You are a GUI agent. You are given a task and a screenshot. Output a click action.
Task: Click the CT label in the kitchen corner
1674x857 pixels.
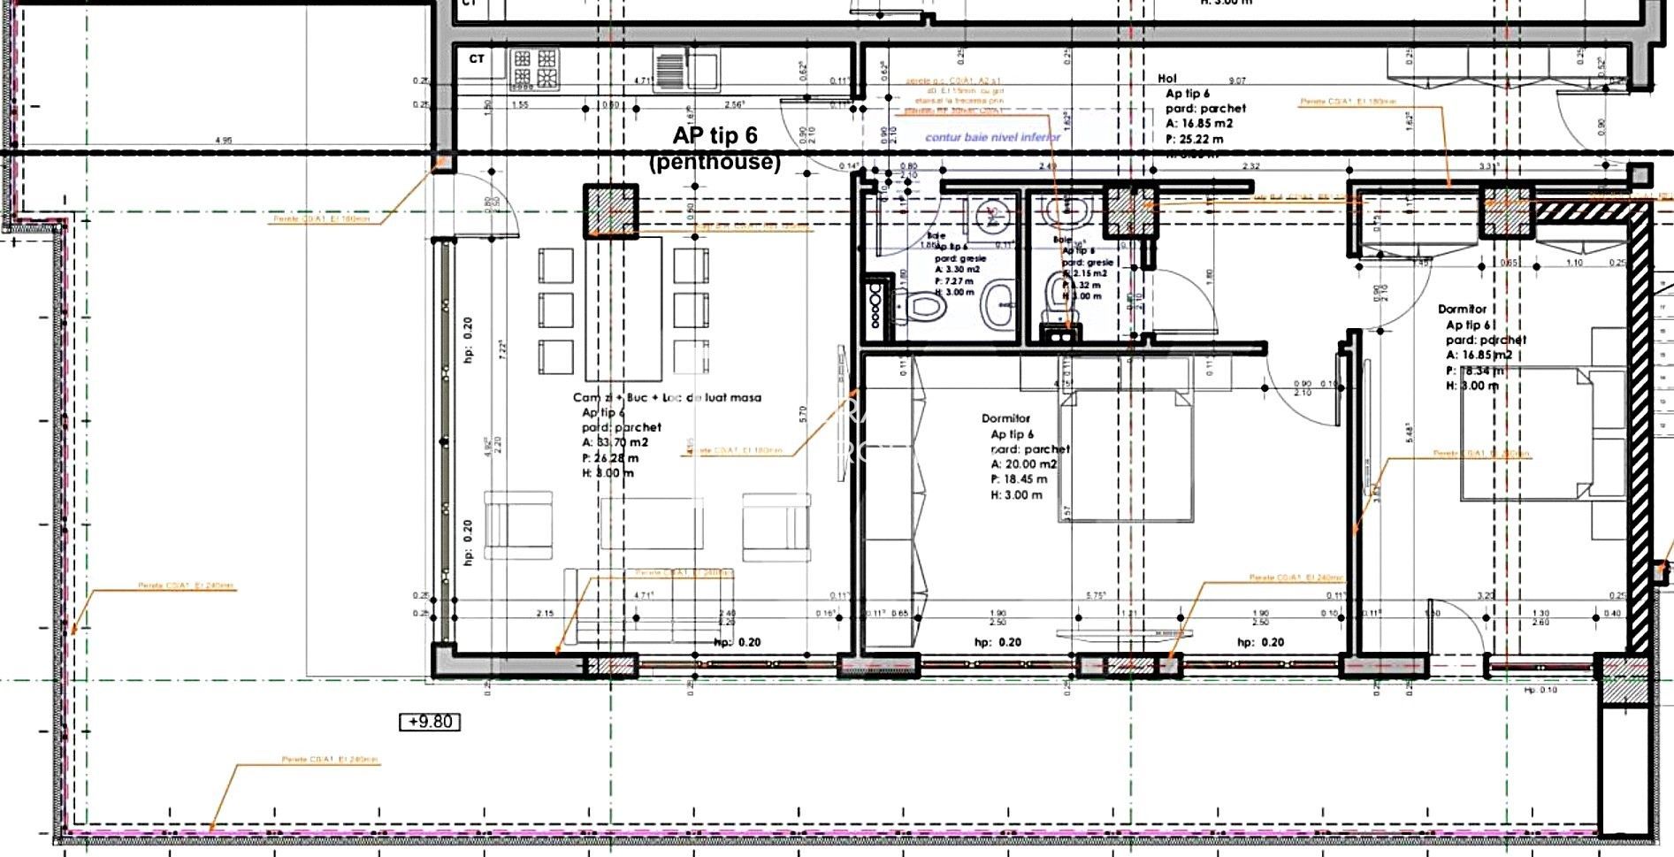(x=477, y=59)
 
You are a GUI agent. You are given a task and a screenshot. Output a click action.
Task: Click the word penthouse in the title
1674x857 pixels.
(x=715, y=163)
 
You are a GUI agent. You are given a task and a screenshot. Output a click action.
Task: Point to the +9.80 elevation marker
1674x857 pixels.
(x=431, y=722)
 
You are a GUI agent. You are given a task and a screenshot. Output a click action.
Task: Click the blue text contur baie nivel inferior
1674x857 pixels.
(x=992, y=137)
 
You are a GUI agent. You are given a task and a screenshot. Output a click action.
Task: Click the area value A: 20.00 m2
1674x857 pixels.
(x=1024, y=464)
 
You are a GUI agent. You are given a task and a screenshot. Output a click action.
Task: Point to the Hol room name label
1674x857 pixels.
(x=1167, y=79)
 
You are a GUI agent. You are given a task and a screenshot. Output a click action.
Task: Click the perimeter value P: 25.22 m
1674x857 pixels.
(x=1195, y=139)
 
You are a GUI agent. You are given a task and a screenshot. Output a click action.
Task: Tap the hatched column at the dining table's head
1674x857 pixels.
(x=610, y=210)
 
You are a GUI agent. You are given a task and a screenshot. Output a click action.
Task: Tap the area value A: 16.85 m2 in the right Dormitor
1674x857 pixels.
(x=1479, y=356)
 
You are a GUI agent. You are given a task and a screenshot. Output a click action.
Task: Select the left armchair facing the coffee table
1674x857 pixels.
(x=507, y=527)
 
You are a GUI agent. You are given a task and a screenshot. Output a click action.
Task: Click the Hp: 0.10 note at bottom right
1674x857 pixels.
(x=1540, y=690)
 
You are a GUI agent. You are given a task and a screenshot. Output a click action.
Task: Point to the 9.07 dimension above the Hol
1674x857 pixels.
(x=1237, y=80)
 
